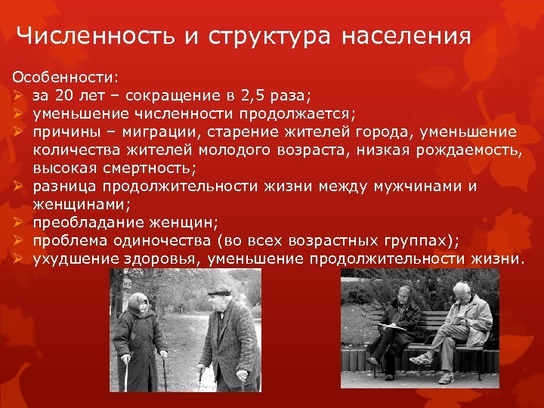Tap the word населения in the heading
[x=406, y=36]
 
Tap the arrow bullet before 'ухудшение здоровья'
[x=18, y=259]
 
